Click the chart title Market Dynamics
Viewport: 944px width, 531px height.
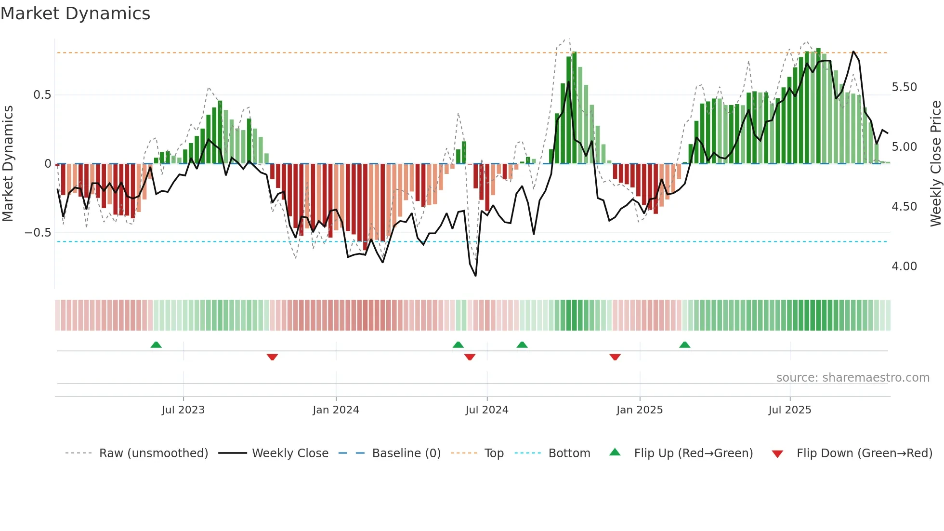click(76, 13)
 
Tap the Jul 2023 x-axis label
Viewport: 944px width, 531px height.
click(183, 410)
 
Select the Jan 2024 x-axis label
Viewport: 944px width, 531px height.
click(336, 410)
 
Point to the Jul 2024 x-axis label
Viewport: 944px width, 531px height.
click(487, 410)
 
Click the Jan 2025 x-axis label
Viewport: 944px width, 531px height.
click(640, 410)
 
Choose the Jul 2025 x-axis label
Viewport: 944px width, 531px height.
click(790, 410)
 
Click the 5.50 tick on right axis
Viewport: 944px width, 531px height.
click(904, 87)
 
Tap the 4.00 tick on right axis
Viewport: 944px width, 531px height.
click(904, 266)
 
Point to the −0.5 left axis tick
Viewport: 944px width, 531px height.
click(38, 233)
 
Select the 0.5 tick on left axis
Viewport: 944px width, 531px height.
click(42, 95)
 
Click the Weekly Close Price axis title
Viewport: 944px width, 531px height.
click(935, 164)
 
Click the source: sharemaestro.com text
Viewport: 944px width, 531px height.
click(852, 378)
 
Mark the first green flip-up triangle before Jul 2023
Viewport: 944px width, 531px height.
click(156, 345)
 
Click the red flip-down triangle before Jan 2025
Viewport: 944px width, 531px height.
click(615, 357)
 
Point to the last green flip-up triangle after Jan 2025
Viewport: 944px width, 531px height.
click(685, 345)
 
